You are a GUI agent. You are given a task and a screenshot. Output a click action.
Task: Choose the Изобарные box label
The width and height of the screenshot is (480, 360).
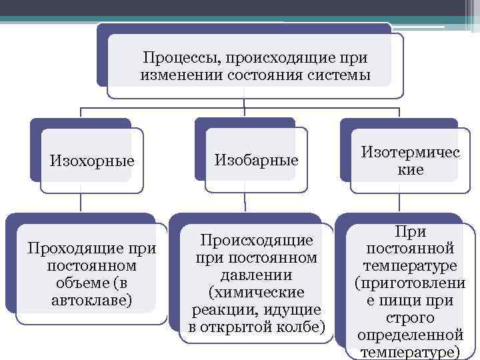point(256,160)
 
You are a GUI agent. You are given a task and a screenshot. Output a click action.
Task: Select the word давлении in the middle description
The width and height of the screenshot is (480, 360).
point(256,275)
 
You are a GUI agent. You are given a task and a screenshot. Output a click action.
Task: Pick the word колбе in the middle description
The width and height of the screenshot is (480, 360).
point(301,328)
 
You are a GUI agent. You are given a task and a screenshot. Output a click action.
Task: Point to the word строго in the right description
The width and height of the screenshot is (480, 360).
point(410,317)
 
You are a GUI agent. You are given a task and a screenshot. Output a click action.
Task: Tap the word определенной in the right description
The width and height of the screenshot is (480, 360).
point(410,334)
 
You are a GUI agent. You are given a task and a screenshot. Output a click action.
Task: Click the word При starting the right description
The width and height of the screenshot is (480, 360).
point(410,232)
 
